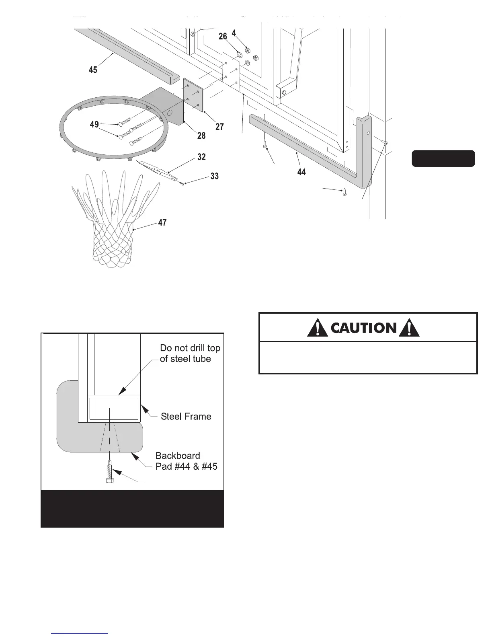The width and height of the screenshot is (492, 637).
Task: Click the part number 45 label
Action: click(x=93, y=70)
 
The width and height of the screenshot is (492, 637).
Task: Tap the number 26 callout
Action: click(x=223, y=37)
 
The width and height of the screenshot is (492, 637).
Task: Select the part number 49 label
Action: click(x=94, y=125)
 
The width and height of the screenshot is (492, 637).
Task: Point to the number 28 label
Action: click(x=201, y=136)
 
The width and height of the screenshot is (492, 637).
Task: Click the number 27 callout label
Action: click(x=219, y=127)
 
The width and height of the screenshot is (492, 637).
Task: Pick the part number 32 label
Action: click(x=201, y=157)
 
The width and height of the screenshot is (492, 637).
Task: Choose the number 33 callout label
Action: click(x=215, y=176)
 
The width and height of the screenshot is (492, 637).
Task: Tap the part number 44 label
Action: click(x=301, y=172)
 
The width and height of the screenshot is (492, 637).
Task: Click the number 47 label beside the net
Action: click(x=162, y=222)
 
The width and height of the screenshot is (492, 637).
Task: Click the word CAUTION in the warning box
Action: click(x=364, y=328)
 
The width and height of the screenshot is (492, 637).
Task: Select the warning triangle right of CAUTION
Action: click(x=409, y=328)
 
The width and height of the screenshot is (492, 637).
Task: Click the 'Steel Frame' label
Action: click(x=186, y=417)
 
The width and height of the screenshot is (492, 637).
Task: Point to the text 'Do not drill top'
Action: click(x=190, y=348)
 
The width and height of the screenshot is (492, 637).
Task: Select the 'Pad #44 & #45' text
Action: click(x=186, y=467)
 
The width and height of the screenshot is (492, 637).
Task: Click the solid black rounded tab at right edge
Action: click(x=443, y=158)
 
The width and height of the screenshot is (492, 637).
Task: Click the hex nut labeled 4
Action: click(x=248, y=51)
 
